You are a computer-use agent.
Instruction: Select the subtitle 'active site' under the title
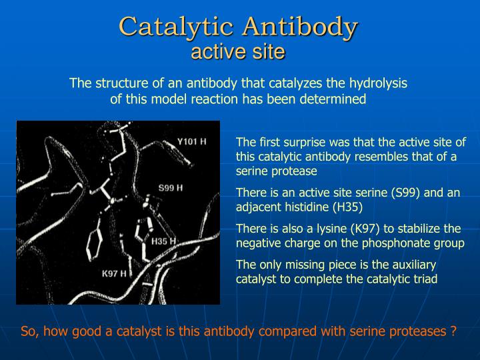[x=238, y=51]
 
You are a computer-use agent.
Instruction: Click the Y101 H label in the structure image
[x=191, y=141]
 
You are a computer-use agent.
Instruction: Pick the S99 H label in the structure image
[x=169, y=189]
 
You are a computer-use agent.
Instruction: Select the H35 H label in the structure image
[x=163, y=241]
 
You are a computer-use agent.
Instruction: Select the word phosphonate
[x=391, y=243]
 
